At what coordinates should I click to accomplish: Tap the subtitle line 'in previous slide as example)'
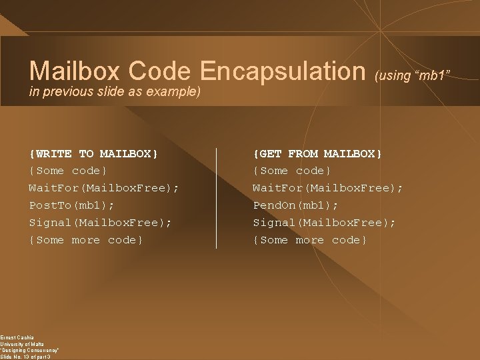tap(115, 90)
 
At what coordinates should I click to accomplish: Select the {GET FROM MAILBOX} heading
tap(317, 154)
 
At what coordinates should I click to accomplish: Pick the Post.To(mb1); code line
tap(71, 205)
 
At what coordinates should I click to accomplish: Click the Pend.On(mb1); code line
tap(295, 205)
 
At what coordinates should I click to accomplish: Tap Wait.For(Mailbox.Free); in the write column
tap(103, 188)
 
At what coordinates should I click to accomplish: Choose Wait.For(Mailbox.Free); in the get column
tap(327, 188)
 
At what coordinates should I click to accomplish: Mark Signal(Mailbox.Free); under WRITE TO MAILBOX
tap(100, 223)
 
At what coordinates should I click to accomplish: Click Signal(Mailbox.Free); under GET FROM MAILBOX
tap(324, 223)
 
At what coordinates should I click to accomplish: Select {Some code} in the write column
tap(68, 171)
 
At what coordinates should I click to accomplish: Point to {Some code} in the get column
tap(292, 171)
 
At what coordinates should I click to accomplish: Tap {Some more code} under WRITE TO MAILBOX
tap(86, 240)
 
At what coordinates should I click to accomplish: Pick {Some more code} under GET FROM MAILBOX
tap(310, 240)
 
